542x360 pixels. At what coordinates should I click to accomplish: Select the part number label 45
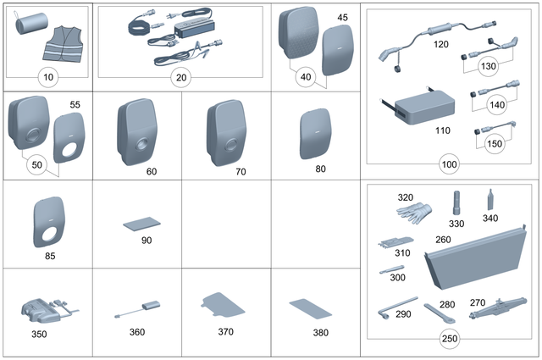click(x=342, y=17)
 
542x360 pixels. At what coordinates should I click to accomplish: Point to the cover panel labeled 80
click(x=316, y=134)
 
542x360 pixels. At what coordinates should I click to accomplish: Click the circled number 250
click(x=451, y=341)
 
